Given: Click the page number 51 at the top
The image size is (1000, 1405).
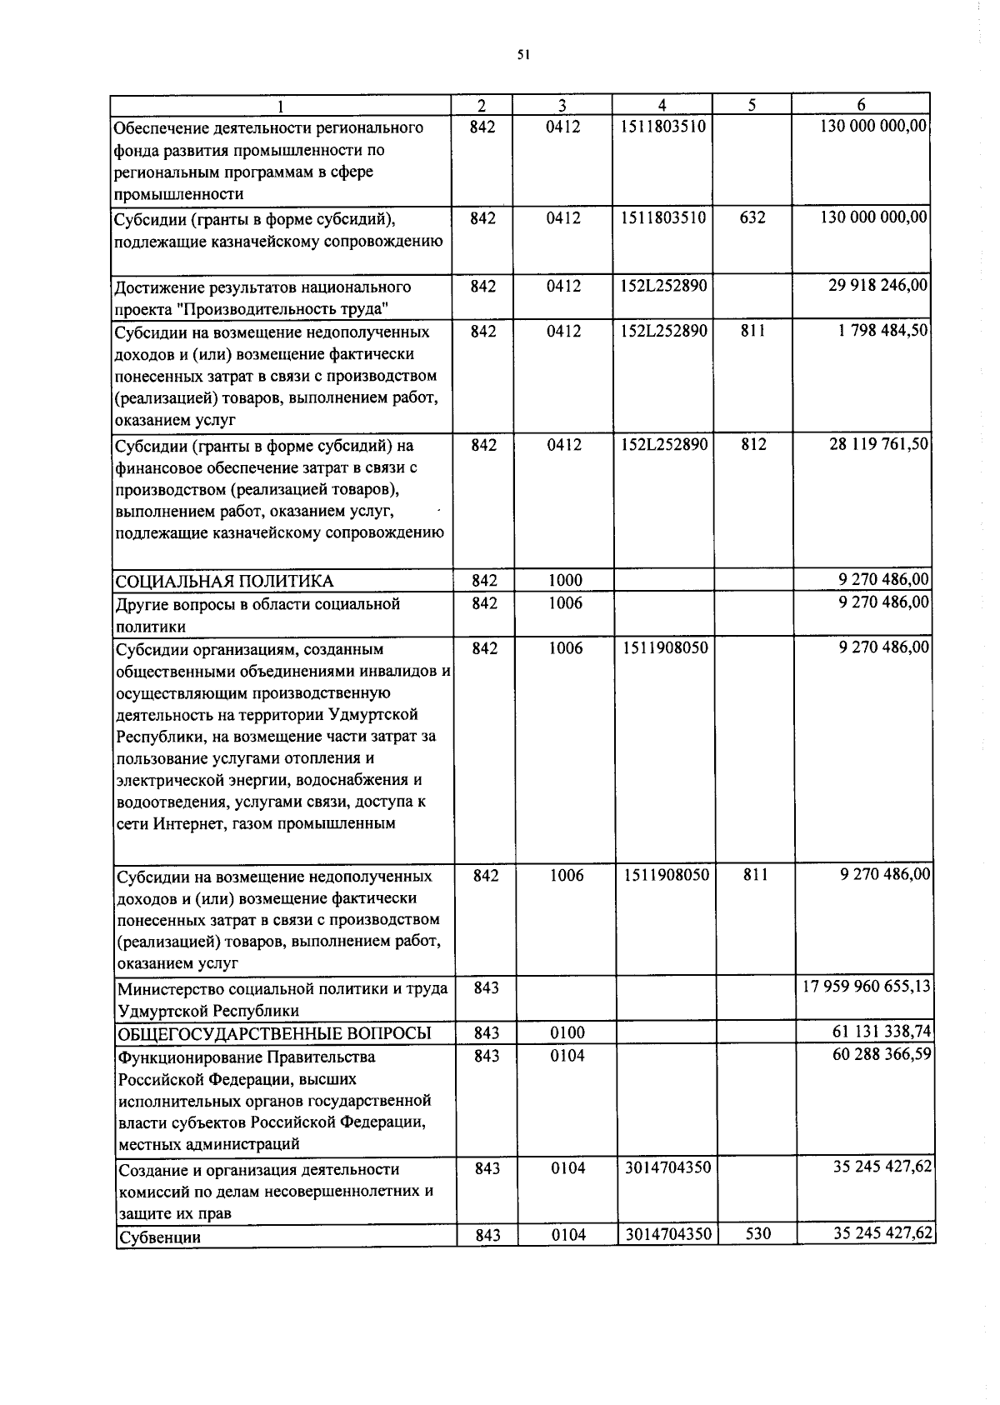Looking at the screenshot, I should [522, 55].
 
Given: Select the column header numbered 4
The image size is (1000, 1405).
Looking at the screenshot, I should [662, 106].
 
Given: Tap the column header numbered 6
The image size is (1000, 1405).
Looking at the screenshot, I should [861, 106].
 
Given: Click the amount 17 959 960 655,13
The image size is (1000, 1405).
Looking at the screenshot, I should [867, 987].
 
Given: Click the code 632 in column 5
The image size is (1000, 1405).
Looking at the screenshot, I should [752, 218].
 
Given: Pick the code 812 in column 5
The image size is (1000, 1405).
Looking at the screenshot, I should [753, 445].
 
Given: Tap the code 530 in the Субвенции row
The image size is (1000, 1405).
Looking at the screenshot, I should [757, 1234].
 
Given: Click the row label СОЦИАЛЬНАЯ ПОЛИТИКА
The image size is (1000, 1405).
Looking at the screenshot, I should [224, 581].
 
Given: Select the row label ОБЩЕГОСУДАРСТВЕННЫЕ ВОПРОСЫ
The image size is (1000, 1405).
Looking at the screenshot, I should [274, 1033].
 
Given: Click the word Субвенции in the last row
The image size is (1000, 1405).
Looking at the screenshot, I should [159, 1237].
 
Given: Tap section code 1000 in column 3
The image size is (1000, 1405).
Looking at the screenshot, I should [565, 581].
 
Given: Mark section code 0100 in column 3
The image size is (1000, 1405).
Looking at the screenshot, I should [567, 1033].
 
